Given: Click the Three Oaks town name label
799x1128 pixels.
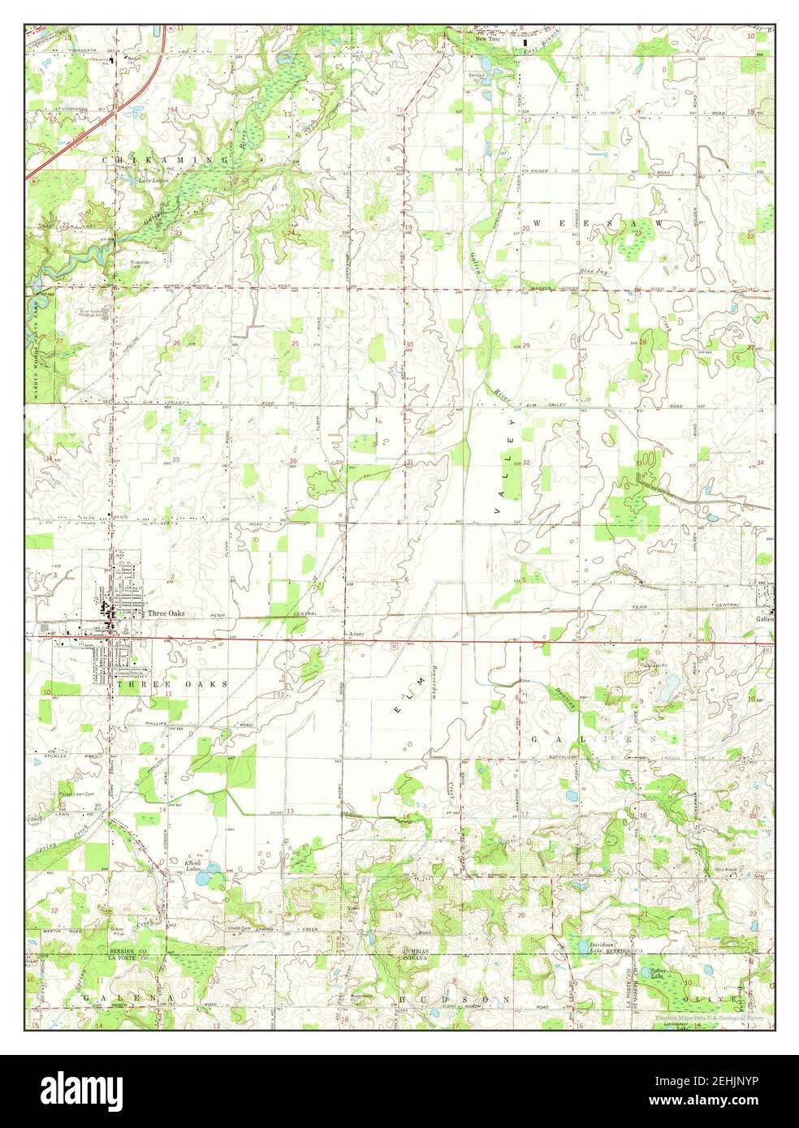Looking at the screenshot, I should coord(165,614).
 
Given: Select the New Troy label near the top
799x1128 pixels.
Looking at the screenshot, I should coord(488,38).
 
